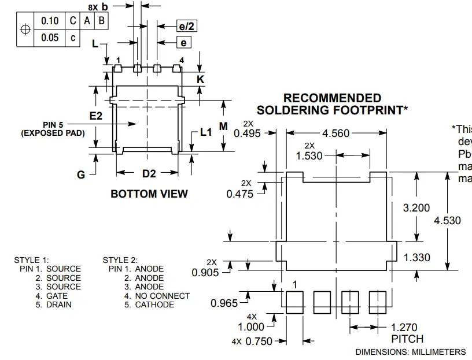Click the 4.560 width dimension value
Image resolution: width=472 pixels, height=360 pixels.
click(x=336, y=133)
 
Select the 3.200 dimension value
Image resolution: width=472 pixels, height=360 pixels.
click(x=416, y=208)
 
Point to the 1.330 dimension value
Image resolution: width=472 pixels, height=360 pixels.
click(x=416, y=258)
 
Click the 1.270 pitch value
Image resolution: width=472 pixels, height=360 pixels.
click(x=404, y=328)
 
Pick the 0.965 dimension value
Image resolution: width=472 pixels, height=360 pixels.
click(x=225, y=303)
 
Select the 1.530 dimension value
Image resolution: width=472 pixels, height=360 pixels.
click(x=309, y=156)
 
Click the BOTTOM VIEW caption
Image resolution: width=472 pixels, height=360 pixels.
click(x=149, y=194)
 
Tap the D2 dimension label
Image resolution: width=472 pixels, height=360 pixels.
click(x=149, y=173)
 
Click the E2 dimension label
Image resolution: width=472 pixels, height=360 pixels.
click(x=96, y=116)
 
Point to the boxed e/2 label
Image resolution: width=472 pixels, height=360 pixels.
click(x=186, y=26)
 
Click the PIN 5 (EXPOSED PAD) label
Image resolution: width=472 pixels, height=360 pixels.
click(x=53, y=129)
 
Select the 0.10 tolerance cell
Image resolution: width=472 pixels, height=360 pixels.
click(x=50, y=21)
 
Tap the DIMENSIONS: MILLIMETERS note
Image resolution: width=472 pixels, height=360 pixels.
click(x=410, y=352)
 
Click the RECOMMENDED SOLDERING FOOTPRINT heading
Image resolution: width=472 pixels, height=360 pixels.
click(x=332, y=104)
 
